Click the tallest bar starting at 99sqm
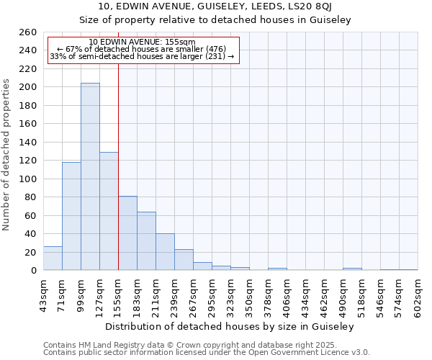pyautogui.click(x=90, y=176)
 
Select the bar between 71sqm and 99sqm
pyautogui.click(x=71, y=216)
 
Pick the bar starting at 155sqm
pyautogui.click(x=127, y=233)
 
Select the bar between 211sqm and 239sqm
pyautogui.click(x=165, y=252)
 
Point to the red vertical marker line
pyautogui.click(x=118, y=166)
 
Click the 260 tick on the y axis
pyautogui.click(x=28, y=32)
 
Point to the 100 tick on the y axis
pyautogui.click(x=28, y=179)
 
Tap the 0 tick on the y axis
pyautogui.click(x=33, y=271)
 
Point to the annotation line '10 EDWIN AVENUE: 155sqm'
pyautogui.click(x=142, y=42)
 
